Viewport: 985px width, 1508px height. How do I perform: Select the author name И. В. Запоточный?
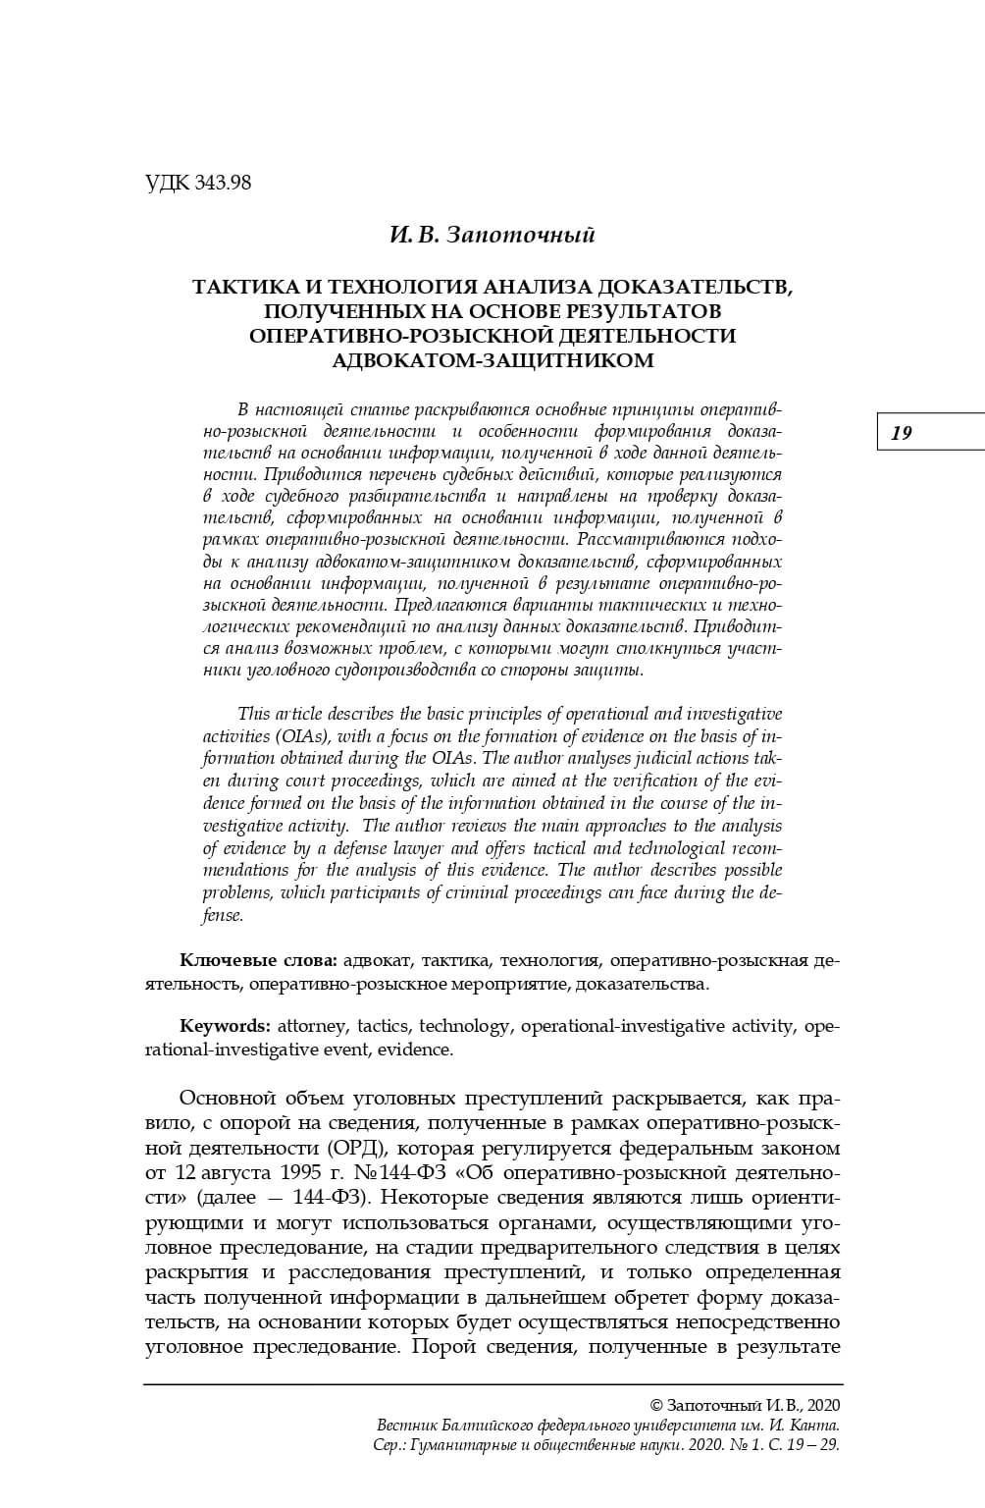(492, 236)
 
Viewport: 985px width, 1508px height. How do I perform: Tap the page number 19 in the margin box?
(902, 433)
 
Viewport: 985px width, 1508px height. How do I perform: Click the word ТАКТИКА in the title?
(239, 288)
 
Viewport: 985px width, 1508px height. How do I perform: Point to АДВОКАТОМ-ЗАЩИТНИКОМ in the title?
(492, 359)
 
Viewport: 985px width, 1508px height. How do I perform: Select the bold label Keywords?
(225, 1026)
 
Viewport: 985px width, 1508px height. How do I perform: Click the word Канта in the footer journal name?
(814, 1426)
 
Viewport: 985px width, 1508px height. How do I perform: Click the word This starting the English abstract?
(254, 714)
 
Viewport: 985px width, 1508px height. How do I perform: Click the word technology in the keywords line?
(464, 1026)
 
